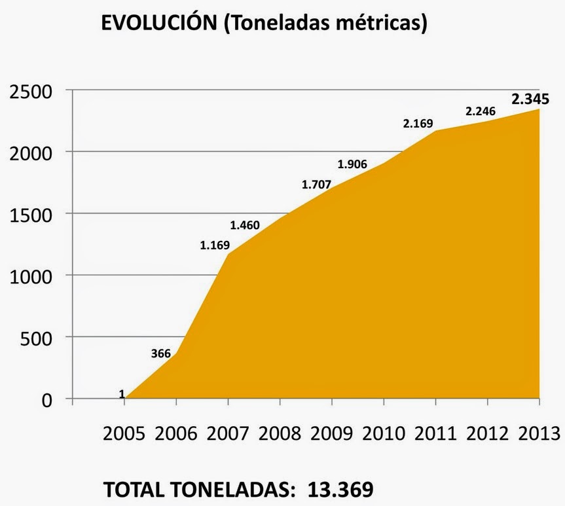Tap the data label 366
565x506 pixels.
pyautogui.click(x=160, y=354)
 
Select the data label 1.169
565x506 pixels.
pyautogui.click(x=215, y=247)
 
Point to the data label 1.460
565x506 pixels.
pyautogui.click(x=246, y=225)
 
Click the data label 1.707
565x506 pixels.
pyautogui.click(x=317, y=184)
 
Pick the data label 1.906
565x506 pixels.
pyautogui.click(x=353, y=164)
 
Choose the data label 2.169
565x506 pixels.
pyautogui.click(x=419, y=121)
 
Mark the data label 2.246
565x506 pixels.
pyautogui.click(x=481, y=111)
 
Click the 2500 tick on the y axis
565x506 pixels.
pyautogui.click(x=31, y=91)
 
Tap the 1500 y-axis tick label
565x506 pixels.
pyautogui.click(x=31, y=214)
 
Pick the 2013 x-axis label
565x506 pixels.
pyautogui.click(x=538, y=433)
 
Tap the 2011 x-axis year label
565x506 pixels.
pyautogui.click(x=436, y=433)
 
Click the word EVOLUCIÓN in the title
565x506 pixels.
pyautogui.click(x=157, y=24)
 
